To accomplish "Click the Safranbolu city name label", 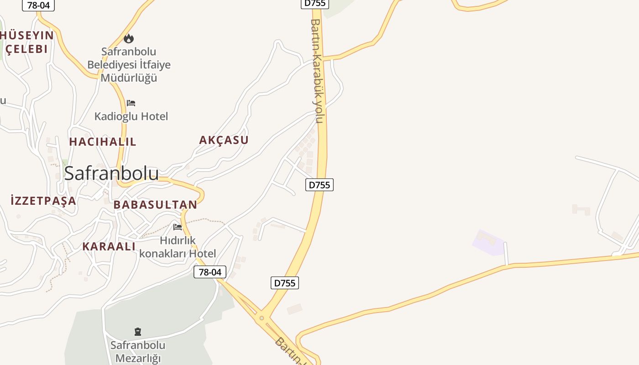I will pyautogui.click(x=111, y=173).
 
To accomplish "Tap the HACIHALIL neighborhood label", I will pyautogui.click(x=103, y=142).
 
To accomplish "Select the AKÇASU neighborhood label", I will pyautogui.click(x=224, y=140).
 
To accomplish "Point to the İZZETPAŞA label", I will pyautogui.click(x=43, y=200).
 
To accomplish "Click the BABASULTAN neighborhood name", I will pyautogui.click(x=155, y=205).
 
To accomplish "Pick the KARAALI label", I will pyautogui.click(x=109, y=246).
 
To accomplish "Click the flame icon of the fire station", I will pyautogui.click(x=129, y=38).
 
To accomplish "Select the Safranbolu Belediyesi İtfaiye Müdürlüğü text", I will pyautogui.click(x=129, y=64).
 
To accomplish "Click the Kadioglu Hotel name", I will pyautogui.click(x=131, y=116).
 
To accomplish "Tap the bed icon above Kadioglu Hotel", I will pyautogui.click(x=131, y=103).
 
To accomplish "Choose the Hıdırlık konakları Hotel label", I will pyautogui.click(x=178, y=247).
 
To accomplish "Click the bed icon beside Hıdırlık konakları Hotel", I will pyautogui.click(x=178, y=227).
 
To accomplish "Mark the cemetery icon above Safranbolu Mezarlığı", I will pyautogui.click(x=138, y=331).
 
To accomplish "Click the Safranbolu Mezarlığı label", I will pyautogui.click(x=138, y=351).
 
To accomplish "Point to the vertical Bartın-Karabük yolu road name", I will pyautogui.click(x=317, y=71).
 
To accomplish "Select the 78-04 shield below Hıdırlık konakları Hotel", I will pyautogui.click(x=210, y=272).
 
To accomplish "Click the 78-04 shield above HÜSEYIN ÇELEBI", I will pyautogui.click(x=38, y=5).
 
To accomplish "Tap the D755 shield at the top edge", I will pyautogui.click(x=315, y=3).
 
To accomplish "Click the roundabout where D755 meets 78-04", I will pyautogui.click(x=262, y=318).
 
